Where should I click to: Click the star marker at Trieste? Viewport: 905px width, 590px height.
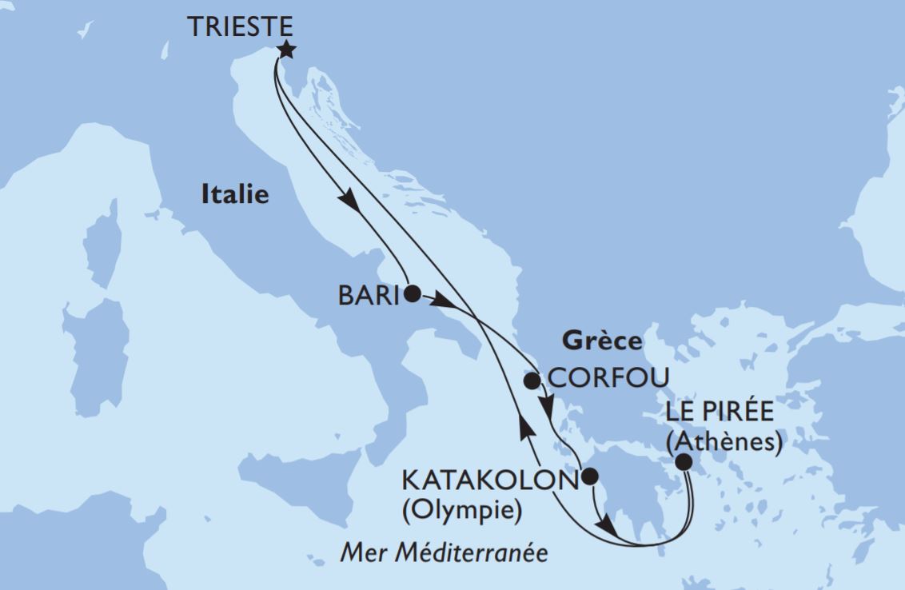coord(285,50)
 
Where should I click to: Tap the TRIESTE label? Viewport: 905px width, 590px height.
coord(239,27)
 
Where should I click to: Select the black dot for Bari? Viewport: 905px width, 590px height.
coord(412,293)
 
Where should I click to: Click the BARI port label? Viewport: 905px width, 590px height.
coord(369,296)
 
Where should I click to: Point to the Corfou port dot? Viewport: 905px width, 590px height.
coord(532,380)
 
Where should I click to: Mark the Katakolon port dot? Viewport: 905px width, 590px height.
coord(589,477)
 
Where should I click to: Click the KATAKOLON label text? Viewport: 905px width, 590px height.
coord(488,480)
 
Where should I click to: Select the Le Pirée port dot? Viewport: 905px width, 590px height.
coord(684,461)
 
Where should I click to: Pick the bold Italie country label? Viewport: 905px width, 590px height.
coord(235,194)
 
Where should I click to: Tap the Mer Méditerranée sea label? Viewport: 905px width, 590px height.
coord(445,552)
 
